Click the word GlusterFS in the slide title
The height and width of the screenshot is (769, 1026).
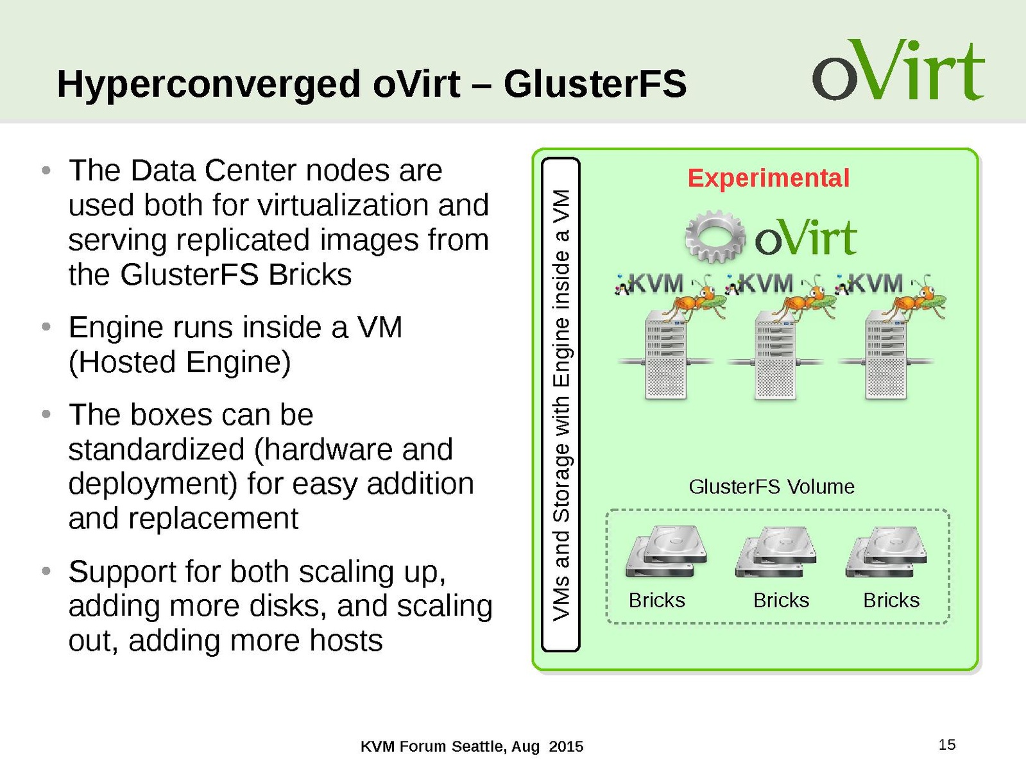click(x=595, y=84)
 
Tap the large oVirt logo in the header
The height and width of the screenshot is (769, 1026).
click(x=898, y=71)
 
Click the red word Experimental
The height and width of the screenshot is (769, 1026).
click(x=768, y=178)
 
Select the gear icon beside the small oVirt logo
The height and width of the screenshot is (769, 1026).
click(x=715, y=236)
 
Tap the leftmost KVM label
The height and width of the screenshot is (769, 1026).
click(x=654, y=283)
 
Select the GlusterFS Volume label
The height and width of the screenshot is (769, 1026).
click(x=771, y=487)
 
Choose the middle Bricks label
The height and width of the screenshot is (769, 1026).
click(x=781, y=600)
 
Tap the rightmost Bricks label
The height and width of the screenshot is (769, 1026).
click(x=891, y=600)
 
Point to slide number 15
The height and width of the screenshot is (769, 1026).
click(x=946, y=745)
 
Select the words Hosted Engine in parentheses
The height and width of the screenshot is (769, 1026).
click(x=180, y=362)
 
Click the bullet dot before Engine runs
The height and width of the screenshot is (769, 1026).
click(x=46, y=328)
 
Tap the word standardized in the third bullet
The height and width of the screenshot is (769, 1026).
click(x=156, y=450)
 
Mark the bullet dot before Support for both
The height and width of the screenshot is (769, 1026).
click(x=46, y=571)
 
